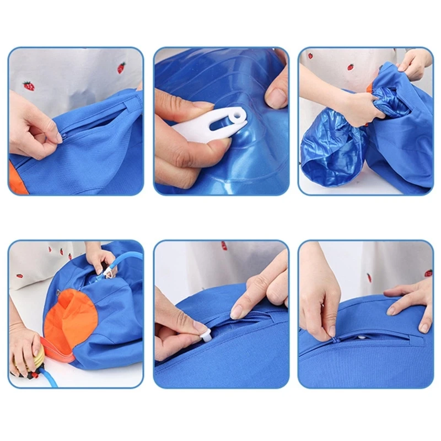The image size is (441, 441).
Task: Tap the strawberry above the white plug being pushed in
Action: [224, 246]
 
